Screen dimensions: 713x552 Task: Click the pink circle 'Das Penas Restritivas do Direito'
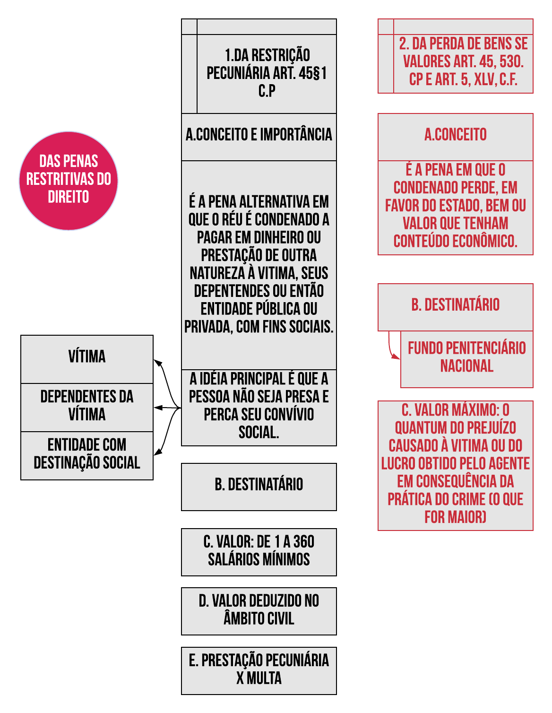(69, 181)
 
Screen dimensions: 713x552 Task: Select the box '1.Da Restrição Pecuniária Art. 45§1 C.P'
(267, 73)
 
